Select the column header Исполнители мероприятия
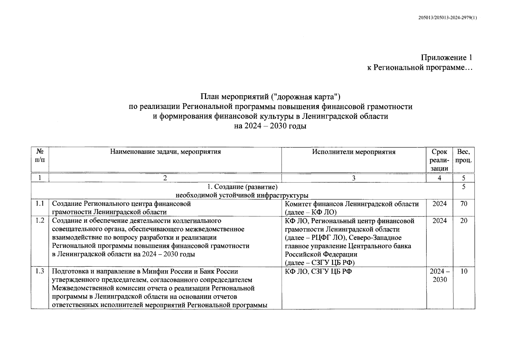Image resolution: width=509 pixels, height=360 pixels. (x=354, y=152)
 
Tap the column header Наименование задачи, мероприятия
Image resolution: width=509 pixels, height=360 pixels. (x=165, y=152)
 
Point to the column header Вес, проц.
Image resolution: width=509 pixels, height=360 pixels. (x=464, y=156)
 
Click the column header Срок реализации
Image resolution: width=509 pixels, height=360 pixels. (x=439, y=160)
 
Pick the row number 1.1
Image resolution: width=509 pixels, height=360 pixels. (x=40, y=204)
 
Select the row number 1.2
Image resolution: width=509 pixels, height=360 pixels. (x=40, y=220)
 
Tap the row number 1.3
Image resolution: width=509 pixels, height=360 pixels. (x=40, y=271)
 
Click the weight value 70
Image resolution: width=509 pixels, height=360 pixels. (x=464, y=204)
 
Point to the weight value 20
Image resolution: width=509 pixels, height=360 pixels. (x=464, y=220)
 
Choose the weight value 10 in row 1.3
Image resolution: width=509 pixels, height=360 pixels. (x=464, y=271)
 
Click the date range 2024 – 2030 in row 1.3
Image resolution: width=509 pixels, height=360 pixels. (x=439, y=275)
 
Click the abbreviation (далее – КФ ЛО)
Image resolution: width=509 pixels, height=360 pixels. (x=311, y=212)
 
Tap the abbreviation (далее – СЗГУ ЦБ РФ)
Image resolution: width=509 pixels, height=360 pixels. (x=320, y=263)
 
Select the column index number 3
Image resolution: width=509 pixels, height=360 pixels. (x=354, y=178)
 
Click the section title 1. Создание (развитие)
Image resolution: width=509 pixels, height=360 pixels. (x=242, y=187)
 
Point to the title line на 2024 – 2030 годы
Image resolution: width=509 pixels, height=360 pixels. (x=270, y=126)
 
